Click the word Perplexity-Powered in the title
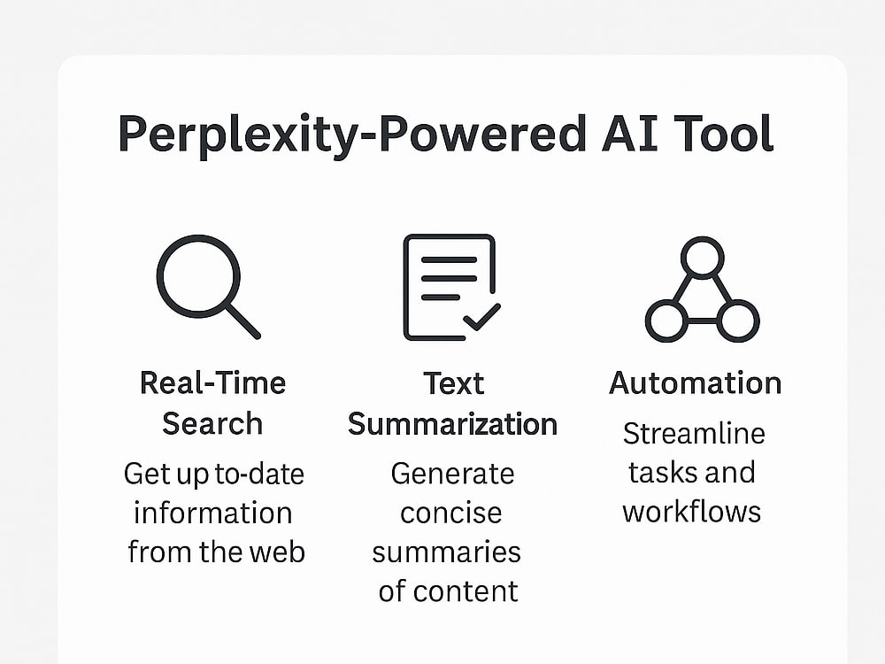coord(352,135)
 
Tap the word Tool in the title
coord(724,134)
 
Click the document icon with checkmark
coord(451,288)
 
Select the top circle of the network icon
coord(702,258)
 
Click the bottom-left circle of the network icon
coord(666,320)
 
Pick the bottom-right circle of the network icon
coord(738,320)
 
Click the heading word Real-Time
coord(212,383)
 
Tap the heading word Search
coord(212,423)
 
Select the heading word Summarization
coord(452,424)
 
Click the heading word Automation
coord(696,383)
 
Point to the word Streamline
coord(694,434)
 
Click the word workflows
coord(692,512)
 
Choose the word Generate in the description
coord(452,474)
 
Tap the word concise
coord(451,513)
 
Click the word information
coord(213,513)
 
